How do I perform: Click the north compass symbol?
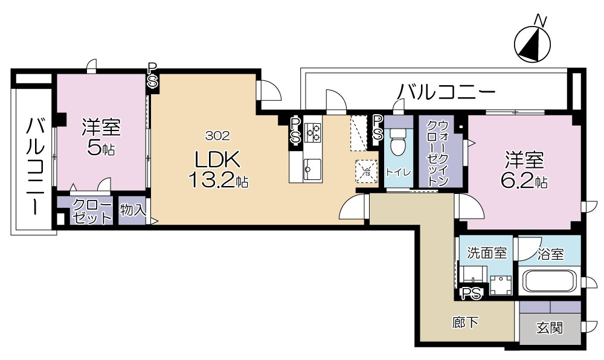(x=532, y=43)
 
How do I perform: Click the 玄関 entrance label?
(x=550, y=328)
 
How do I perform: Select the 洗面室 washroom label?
(x=487, y=253)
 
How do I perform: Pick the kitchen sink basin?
(x=312, y=166)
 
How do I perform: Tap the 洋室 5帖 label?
(x=101, y=137)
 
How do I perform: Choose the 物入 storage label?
(x=132, y=210)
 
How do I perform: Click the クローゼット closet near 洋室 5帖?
(x=93, y=211)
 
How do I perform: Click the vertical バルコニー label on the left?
(x=34, y=166)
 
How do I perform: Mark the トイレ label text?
(x=398, y=172)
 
